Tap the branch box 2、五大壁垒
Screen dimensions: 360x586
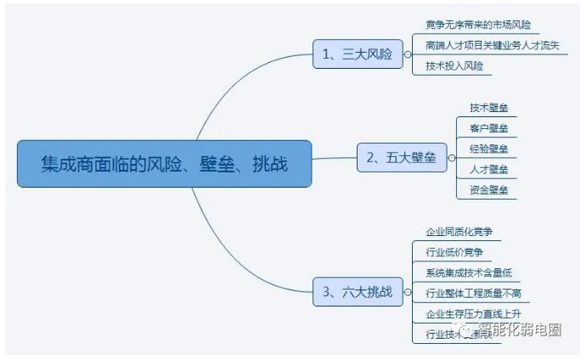pyautogui.click(x=401, y=158)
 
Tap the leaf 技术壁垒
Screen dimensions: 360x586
pyautogui.click(x=488, y=108)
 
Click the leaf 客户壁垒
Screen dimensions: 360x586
pyautogui.click(x=488, y=128)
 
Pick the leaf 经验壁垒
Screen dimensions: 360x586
pyautogui.click(x=488, y=149)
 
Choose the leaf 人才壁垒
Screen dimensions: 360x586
pyautogui.click(x=488, y=169)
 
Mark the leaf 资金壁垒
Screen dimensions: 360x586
pyautogui.click(x=488, y=190)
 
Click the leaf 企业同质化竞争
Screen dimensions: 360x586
pyautogui.click(x=459, y=231)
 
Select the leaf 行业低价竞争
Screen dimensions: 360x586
pyautogui.click(x=454, y=252)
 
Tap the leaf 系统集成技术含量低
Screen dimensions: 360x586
pyautogui.click(x=469, y=273)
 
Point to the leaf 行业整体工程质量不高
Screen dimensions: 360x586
pyautogui.click(x=474, y=294)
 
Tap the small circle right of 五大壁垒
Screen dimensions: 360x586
pyautogui.click(x=451, y=158)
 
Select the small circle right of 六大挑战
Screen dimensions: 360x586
pyautogui.click(x=408, y=293)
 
